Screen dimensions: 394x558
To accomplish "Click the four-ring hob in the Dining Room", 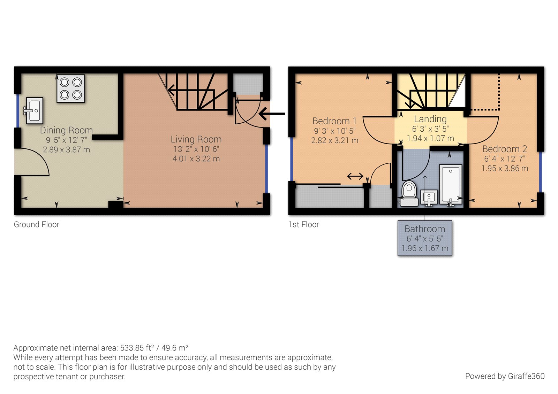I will point(71,88).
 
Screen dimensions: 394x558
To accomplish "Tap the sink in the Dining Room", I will point(34,111).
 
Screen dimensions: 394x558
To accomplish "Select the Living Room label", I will point(196,139).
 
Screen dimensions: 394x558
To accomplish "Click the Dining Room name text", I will point(66,130).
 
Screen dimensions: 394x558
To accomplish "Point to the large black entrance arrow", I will point(272,114).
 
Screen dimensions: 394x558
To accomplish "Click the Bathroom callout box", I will point(425,238).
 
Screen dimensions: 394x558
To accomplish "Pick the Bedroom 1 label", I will point(334,121).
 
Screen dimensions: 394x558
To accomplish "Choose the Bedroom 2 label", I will point(504,149).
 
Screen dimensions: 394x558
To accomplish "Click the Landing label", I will point(430,119).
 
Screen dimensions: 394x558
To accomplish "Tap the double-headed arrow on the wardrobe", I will point(355,177).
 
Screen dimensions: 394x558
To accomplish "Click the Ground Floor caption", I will point(37,225).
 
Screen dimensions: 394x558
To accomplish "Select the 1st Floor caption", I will point(304,225).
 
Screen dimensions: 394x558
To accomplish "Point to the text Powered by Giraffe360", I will point(505,376).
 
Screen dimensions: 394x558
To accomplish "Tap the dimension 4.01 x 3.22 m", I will point(196,159).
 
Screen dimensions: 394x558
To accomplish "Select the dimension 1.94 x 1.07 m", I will point(430,138).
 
